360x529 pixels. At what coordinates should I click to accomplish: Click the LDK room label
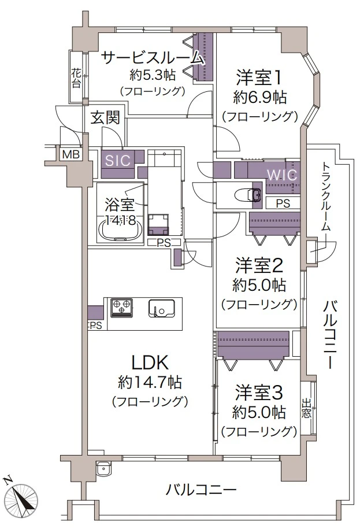(x=150, y=362)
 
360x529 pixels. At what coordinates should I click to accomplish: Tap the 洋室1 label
(x=259, y=77)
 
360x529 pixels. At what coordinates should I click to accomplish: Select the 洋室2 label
(x=259, y=265)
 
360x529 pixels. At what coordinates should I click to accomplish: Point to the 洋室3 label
(x=259, y=393)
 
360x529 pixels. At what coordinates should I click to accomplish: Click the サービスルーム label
(x=153, y=57)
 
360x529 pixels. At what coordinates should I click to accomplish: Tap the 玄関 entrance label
(x=105, y=117)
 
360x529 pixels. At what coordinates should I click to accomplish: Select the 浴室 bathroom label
(x=120, y=204)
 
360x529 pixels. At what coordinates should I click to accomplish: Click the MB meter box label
(x=70, y=154)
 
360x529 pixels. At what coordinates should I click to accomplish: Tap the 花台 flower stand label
(x=76, y=79)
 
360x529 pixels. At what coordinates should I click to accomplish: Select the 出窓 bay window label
(x=306, y=409)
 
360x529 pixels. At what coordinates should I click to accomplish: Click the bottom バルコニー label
(x=201, y=490)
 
